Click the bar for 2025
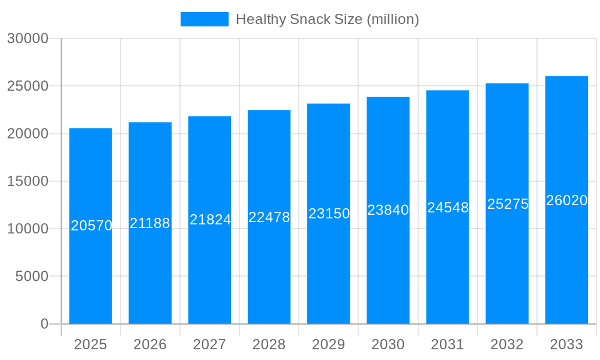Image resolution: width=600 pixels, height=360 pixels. pyautogui.click(x=91, y=270)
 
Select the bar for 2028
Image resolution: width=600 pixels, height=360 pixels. pyautogui.click(x=269, y=270)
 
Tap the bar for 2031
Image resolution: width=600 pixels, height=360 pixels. pyautogui.click(x=448, y=270)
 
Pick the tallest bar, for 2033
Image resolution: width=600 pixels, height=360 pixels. pyautogui.click(x=566, y=270)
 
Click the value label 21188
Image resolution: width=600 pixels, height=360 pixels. pyautogui.click(x=150, y=223)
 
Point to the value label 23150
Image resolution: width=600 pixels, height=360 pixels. pyautogui.click(x=329, y=214)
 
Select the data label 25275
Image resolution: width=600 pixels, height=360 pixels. pyautogui.click(x=508, y=204)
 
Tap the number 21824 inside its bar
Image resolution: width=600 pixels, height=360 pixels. pyautogui.click(x=210, y=220)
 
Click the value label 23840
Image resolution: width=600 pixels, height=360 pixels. pyautogui.click(x=388, y=210)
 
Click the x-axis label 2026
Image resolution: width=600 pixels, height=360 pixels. pyautogui.click(x=150, y=344)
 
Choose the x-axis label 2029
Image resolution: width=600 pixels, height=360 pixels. pyautogui.click(x=329, y=344)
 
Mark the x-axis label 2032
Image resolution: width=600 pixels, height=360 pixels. pyautogui.click(x=507, y=344)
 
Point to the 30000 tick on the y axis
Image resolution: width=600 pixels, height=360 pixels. pyautogui.click(x=28, y=38)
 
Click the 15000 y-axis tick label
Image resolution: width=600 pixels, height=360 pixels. pyautogui.click(x=28, y=181)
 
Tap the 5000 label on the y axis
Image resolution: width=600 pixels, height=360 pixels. pyautogui.click(x=32, y=277)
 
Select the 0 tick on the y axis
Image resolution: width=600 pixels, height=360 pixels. pyautogui.click(x=44, y=324)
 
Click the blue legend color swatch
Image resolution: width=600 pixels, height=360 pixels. pyautogui.click(x=205, y=19)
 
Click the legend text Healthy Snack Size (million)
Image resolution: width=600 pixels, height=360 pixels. pyautogui.click(x=327, y=19)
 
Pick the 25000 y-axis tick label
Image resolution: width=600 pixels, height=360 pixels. pyautogui.click(x=28, y=86)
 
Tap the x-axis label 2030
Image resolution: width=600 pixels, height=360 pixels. pyautogui.click(x=388, y=344)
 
